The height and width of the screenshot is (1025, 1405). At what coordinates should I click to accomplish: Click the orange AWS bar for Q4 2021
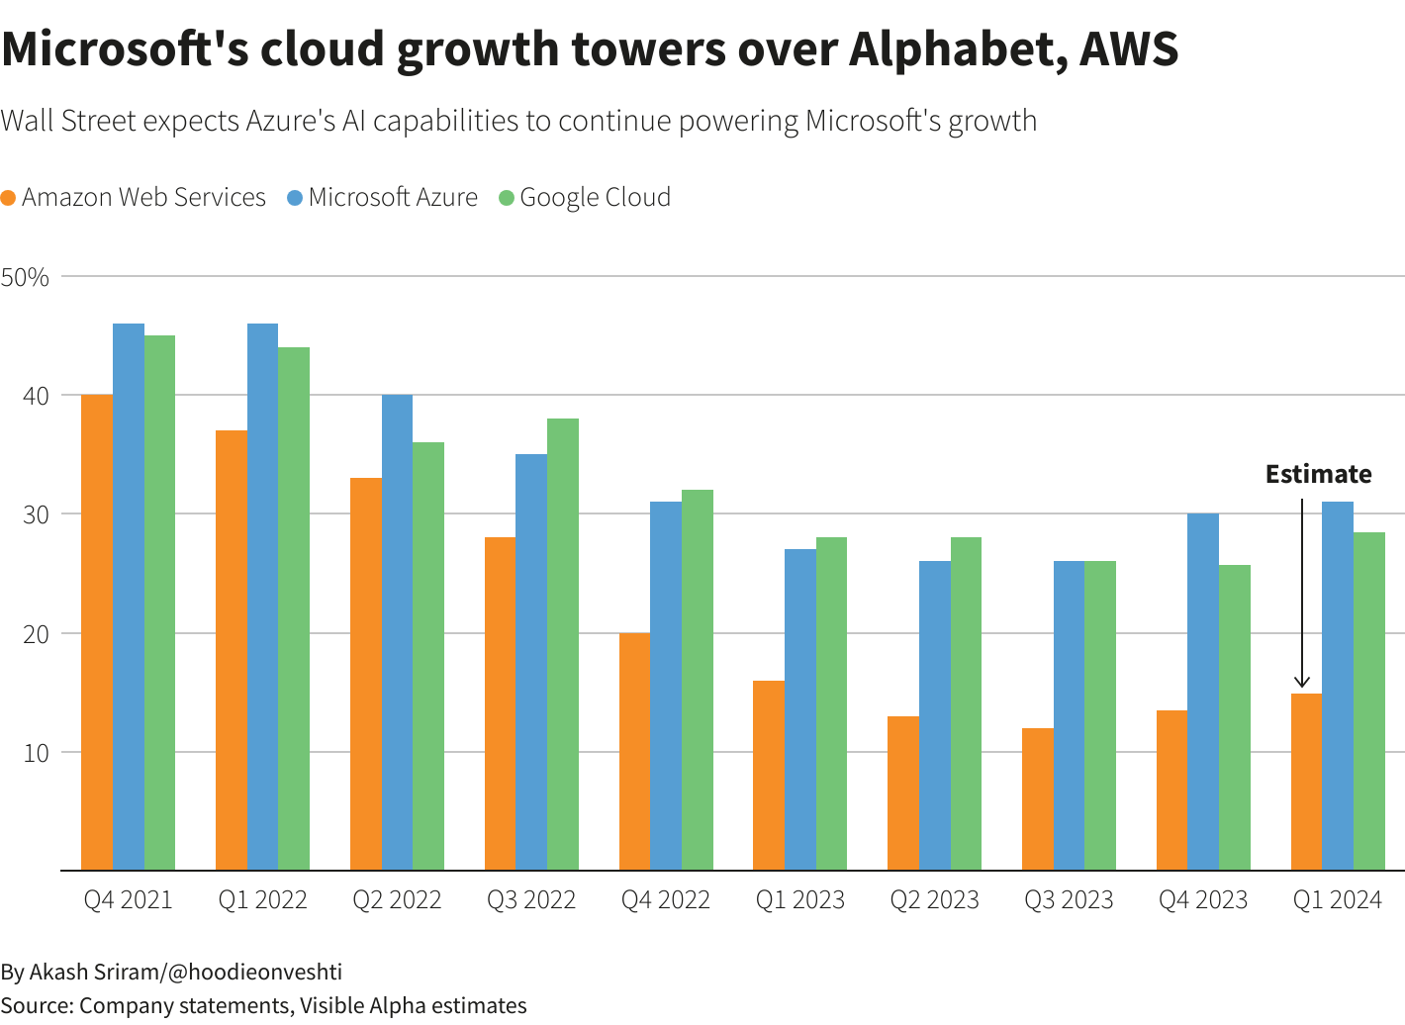click(96, 633)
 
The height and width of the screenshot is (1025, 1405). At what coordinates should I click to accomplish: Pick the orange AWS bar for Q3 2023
click(1037, 799)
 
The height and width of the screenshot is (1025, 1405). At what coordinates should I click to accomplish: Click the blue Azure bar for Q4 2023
click(1203, 693)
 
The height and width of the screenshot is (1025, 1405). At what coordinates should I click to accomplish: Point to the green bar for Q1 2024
click(1369, 701)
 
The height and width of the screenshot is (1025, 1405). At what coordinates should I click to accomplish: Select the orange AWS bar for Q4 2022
click(634, 752)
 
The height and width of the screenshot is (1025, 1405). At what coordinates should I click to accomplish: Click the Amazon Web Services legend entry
click(134, 198)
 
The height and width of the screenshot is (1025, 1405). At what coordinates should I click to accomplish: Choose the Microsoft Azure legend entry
click(382, 198)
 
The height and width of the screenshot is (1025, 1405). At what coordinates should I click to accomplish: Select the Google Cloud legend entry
click(585, 198)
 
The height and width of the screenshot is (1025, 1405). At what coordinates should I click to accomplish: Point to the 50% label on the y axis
click(26, 277)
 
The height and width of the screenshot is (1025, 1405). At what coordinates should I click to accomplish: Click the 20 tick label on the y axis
click(36, 634)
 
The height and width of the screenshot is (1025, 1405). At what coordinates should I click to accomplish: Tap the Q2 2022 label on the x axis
click(397, 900)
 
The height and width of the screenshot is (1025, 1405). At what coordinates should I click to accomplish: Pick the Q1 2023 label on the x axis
click(800, 900)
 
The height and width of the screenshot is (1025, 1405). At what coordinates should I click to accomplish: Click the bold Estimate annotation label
click(1318, 475)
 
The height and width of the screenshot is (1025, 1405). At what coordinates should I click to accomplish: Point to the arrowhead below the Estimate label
click(1302, 682)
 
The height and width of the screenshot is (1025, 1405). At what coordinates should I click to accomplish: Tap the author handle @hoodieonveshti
click(255, 972)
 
